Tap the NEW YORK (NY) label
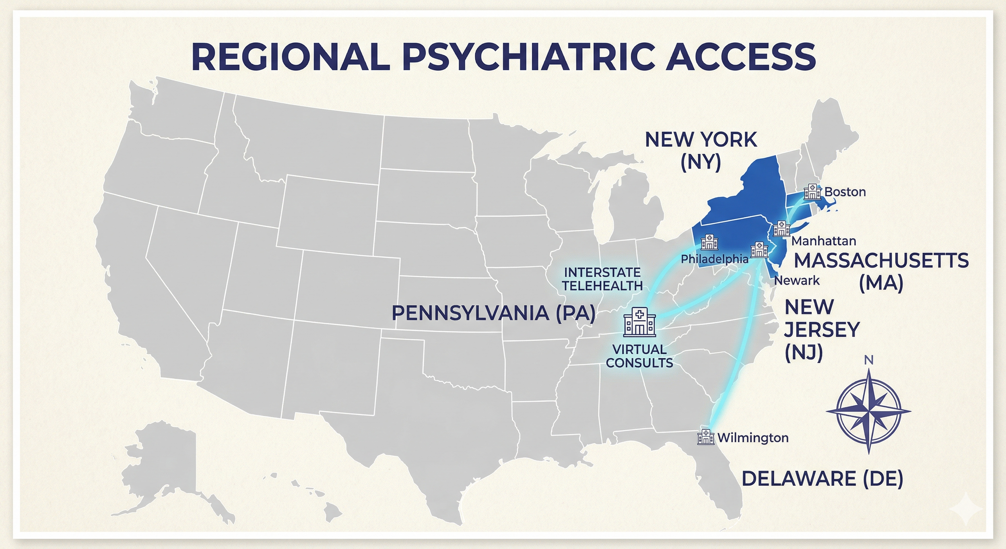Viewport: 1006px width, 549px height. pos(701,151)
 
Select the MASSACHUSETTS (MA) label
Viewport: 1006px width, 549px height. pos(881,271)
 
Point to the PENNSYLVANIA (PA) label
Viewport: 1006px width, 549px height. pos(493,313)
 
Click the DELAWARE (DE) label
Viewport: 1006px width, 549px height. pos(822,479)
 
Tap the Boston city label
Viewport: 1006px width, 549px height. pos(845,192)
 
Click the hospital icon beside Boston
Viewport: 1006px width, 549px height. pos(812,192)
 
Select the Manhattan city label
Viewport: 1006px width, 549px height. pos(823,241)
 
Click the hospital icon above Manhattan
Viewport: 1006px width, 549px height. pos(781,228)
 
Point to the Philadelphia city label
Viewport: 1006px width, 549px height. pos(714,259)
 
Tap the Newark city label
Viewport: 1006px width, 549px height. pos(797,281)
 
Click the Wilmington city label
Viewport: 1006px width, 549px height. pos(752,438)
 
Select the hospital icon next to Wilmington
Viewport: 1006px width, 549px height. pos(705,437)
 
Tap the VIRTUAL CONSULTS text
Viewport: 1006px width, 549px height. pos(639,356)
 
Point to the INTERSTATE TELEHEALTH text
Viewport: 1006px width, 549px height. pos(602,279)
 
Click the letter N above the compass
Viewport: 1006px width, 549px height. pos(869,361)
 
